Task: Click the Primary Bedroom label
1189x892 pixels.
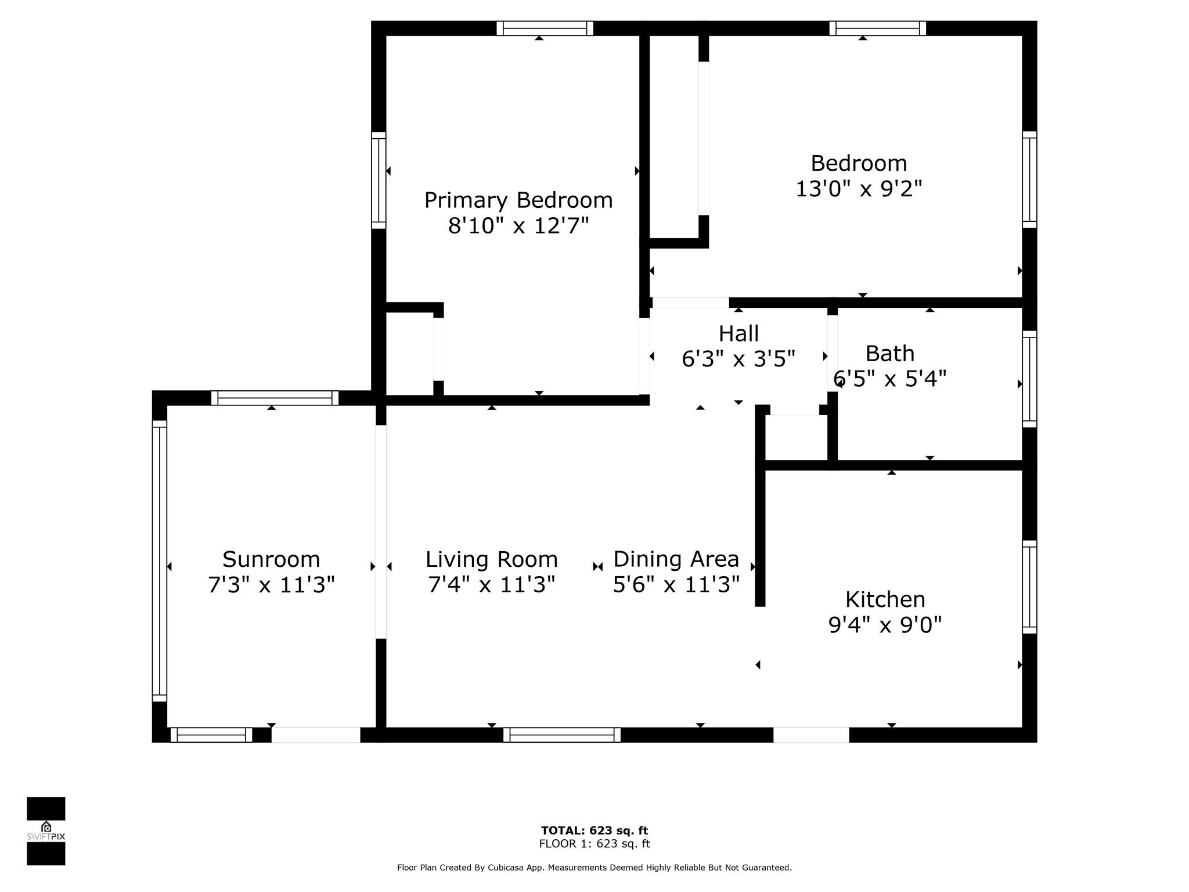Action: [518, 200]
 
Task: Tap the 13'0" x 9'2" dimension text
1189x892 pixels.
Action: [859, 189]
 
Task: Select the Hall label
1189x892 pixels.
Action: [738, 333]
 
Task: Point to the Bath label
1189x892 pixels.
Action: [889, 353]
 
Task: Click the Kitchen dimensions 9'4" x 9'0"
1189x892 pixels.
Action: [885, 625]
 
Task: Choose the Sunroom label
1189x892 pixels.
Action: [271, 559]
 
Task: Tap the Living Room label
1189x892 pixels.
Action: [492, 559]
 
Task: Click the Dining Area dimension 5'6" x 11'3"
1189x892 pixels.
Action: [676, 584]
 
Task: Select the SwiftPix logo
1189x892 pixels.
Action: [46, 831]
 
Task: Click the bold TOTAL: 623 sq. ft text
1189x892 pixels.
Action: [594, 830]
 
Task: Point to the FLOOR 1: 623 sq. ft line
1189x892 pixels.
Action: [594, 844]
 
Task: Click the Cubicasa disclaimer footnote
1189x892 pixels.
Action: [594, 868]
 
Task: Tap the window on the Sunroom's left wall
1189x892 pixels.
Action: [160, 561]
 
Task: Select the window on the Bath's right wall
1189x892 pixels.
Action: [1029, 379]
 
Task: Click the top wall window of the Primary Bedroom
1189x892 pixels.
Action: [545, 28]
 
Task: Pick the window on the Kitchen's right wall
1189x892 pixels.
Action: [1029, 587]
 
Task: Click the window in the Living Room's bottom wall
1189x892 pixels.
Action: [562, 735]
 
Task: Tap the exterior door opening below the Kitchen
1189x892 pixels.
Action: [811, 735]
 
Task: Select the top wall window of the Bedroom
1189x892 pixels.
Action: [877, 28]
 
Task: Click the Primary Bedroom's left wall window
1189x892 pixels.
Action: [379, 180]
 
